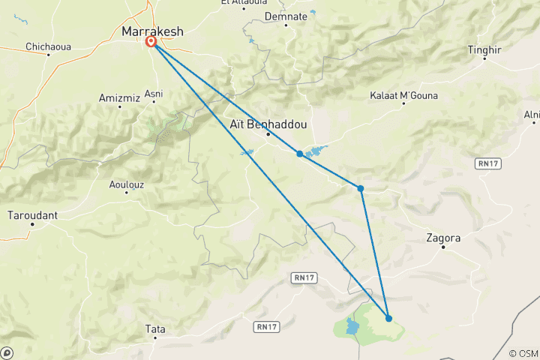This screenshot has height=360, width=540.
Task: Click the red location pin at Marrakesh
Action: [151, 42]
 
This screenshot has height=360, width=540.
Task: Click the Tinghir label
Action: [484, 49]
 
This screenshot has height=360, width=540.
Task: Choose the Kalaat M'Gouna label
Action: [404, 95]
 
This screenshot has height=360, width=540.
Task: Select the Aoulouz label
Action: [126, 184]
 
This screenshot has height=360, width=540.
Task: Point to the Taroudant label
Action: [31, 215]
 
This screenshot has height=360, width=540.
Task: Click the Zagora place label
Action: [442, 238]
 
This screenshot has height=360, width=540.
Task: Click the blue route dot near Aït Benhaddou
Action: [300, 154]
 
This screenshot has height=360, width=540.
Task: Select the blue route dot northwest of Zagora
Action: [361, 188]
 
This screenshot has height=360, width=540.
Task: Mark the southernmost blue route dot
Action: [388, 318]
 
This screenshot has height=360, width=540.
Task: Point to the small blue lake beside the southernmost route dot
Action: [352, 326]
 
